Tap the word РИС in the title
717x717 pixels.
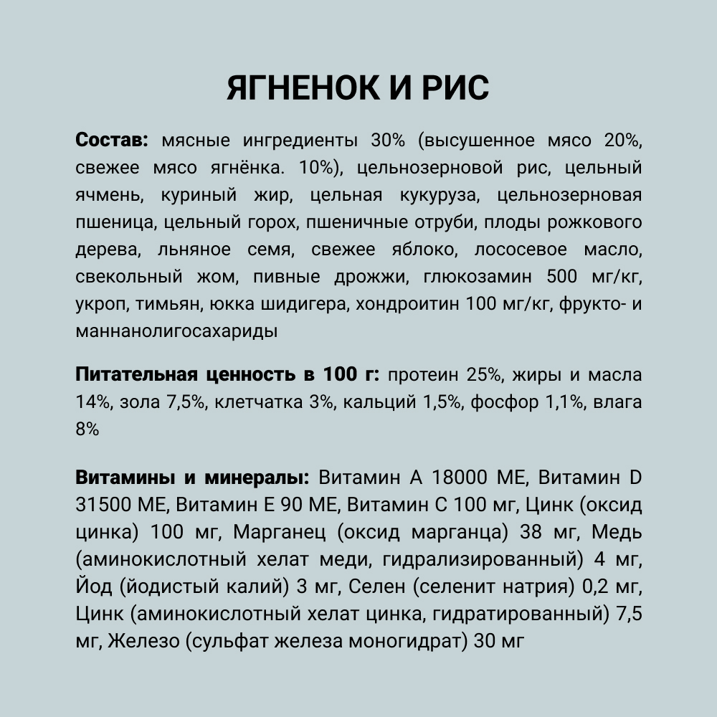pyautogui.click(x=451, y=88)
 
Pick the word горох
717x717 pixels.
pyautogui.click(x=270, y=222)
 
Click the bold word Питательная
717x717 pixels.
pyautogui.click(x=136, y=375)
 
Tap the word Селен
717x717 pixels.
pyautogui.click(x=371, y=587)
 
